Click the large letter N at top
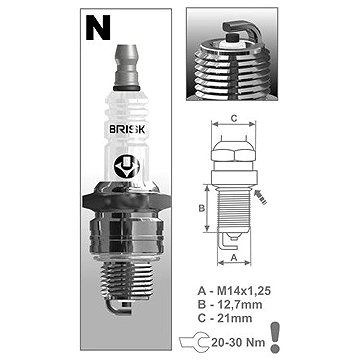[x=98, y=28]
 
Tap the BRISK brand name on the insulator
[x=127, y=129]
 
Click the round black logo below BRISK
[x=127, y=166]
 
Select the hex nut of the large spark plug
[x=126, y=200]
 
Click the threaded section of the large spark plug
[x=127, y=279]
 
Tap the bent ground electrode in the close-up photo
[x=241, y=29]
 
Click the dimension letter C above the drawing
[x=234, y=118]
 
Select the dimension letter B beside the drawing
[x=201, y=208]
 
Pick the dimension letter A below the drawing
[x=234, y=257]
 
